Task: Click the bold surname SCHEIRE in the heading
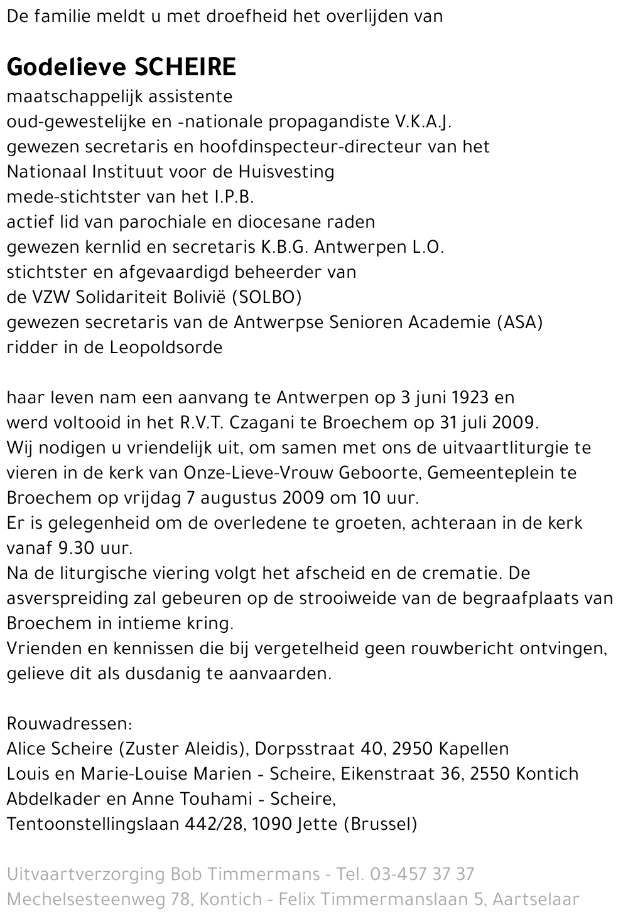click(x=185, y=67)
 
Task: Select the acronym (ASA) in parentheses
click(x=520, y=322)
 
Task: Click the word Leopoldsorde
click(x=166, y=347)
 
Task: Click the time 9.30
click(x=75, y=548)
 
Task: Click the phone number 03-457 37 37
click(x=422, y=874)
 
